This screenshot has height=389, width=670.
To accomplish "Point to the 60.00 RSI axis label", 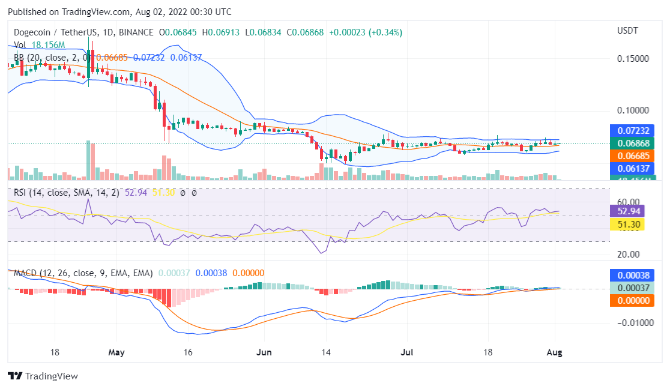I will (629, 202).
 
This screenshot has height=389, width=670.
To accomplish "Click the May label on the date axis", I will (116, 352).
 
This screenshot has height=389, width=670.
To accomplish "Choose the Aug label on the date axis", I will (554, 352).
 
